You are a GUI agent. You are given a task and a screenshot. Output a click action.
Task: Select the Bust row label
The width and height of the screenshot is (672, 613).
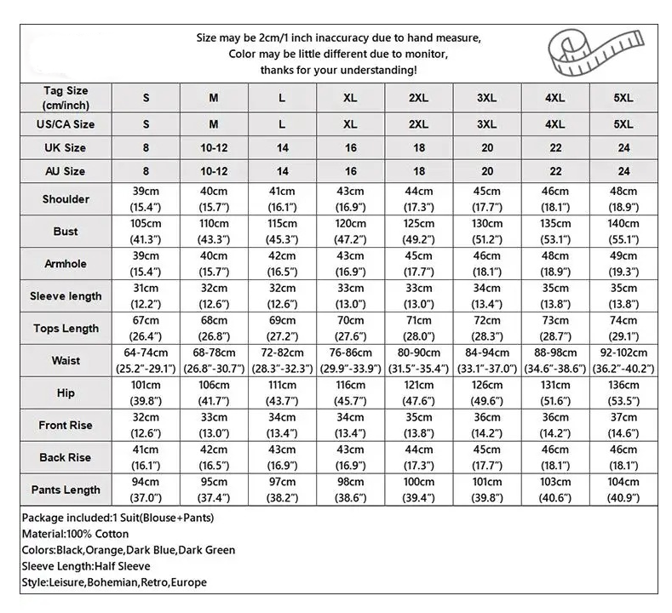[x=66, y=232]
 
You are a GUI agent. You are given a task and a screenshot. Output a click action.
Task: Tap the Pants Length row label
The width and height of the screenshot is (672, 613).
[x=66, y=490]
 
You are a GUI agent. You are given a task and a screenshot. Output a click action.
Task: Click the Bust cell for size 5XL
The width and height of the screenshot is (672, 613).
[x=623, y=232]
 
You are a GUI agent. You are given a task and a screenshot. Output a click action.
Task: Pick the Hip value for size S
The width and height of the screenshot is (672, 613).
[x=146, y=393]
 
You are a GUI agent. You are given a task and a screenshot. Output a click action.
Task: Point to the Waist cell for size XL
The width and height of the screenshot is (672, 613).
[x=350, y=361]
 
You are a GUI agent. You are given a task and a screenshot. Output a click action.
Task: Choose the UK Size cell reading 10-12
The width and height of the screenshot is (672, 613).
[x=214, y=148]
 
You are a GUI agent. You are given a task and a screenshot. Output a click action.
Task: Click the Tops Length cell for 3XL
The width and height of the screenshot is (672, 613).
[x=486, y=329]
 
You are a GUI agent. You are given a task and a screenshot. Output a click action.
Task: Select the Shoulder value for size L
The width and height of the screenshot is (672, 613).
[x=282, y=199]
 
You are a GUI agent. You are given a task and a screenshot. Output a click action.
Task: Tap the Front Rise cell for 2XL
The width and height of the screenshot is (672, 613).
[x=418, y=426]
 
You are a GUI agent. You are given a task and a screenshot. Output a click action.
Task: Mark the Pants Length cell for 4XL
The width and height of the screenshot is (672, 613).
[x=555, y=490]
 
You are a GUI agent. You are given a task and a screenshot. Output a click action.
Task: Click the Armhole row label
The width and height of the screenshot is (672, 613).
[x=66, y=264]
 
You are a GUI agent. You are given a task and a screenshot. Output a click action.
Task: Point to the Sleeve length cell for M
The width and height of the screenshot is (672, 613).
[x=214, y=296]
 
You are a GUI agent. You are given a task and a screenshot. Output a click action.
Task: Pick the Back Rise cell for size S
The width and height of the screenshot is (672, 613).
[x=146, y=458]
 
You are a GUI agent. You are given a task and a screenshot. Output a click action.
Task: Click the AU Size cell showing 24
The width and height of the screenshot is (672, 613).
[x=623, y=171]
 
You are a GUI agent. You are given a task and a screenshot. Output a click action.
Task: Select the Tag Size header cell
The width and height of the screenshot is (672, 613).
[x=66, y=98]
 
